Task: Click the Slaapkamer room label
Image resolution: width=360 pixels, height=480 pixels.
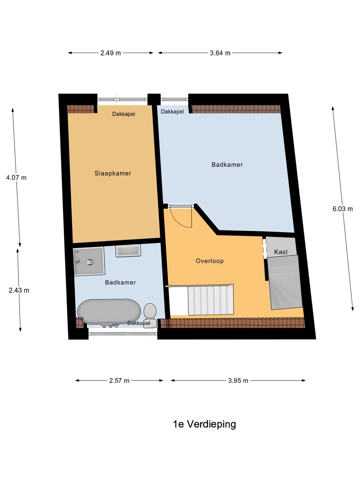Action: tap(113, 173)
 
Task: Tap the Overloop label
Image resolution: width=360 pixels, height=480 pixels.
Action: tap(210, 261)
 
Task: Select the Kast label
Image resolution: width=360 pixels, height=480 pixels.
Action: tap(281, 252)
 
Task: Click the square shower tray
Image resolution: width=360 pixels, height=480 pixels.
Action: tap(89, 261)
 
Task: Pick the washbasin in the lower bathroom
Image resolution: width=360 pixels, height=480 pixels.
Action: tap(128, 251)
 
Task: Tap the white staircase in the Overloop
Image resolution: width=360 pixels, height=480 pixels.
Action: tap(211, 300)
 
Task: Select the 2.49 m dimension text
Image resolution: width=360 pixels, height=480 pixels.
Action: tap(111, 53)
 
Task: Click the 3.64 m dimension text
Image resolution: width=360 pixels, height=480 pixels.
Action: tap(220, 53)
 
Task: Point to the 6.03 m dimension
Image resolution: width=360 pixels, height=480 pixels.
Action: tap(343, 209)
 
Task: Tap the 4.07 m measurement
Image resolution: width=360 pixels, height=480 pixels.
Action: tap(16, 178)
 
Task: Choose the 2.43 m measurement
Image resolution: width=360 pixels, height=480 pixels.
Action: tap(19, 290)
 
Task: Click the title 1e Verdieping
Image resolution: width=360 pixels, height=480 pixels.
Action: tap(204, 424)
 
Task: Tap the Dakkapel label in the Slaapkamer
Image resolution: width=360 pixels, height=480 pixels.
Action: tap(124, 114)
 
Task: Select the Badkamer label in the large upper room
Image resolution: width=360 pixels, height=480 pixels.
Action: tap(227, 165)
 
